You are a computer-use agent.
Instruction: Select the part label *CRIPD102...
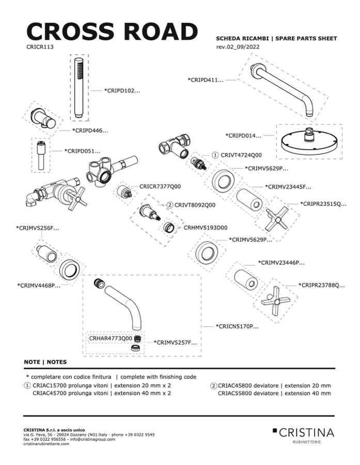122,90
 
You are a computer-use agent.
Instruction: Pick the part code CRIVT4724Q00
241,155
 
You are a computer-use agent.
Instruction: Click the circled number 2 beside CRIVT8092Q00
170,205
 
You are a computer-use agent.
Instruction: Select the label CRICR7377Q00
160,186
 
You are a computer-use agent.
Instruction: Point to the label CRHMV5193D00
206,227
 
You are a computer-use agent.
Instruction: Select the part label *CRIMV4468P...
39,285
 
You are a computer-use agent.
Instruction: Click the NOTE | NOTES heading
45,362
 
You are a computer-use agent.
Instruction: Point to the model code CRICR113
40,46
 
